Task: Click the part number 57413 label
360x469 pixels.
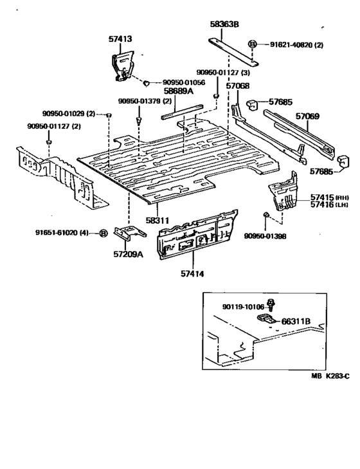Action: pos(120,39)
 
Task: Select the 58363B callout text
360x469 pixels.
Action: pos(224,24)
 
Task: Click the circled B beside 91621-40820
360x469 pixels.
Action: pos(253,44)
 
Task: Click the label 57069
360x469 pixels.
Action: pos(307,116)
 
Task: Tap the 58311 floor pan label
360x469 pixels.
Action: pos(157,220)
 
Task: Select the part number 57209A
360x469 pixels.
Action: pos(128,254)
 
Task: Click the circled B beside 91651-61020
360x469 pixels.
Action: pos(103,233)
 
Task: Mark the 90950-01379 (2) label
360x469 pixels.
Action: pos(144,101)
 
